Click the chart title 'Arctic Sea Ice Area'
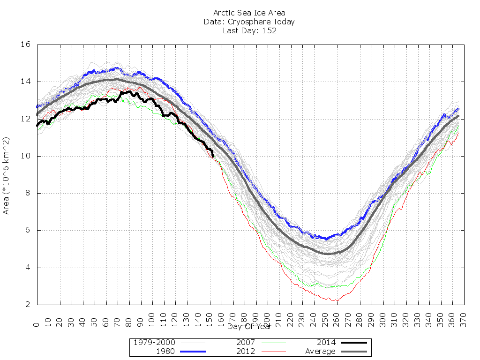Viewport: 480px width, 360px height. (x=249, y=13)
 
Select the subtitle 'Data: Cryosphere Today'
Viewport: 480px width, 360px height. (x=249, y=22)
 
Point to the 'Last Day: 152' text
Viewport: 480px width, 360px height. (x=249, y=31)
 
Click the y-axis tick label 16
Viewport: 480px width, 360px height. (x=25, y=45)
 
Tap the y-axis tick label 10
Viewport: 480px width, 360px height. (x=25, y=156)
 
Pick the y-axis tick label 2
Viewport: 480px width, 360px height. (x=28, y=305)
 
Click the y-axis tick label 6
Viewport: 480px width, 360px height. (x=28, y=230)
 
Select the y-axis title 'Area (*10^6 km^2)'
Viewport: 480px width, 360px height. (x=7, y=176)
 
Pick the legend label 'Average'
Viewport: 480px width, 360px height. (x=320, y=352)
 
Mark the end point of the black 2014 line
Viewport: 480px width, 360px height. (x=213, y=156)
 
